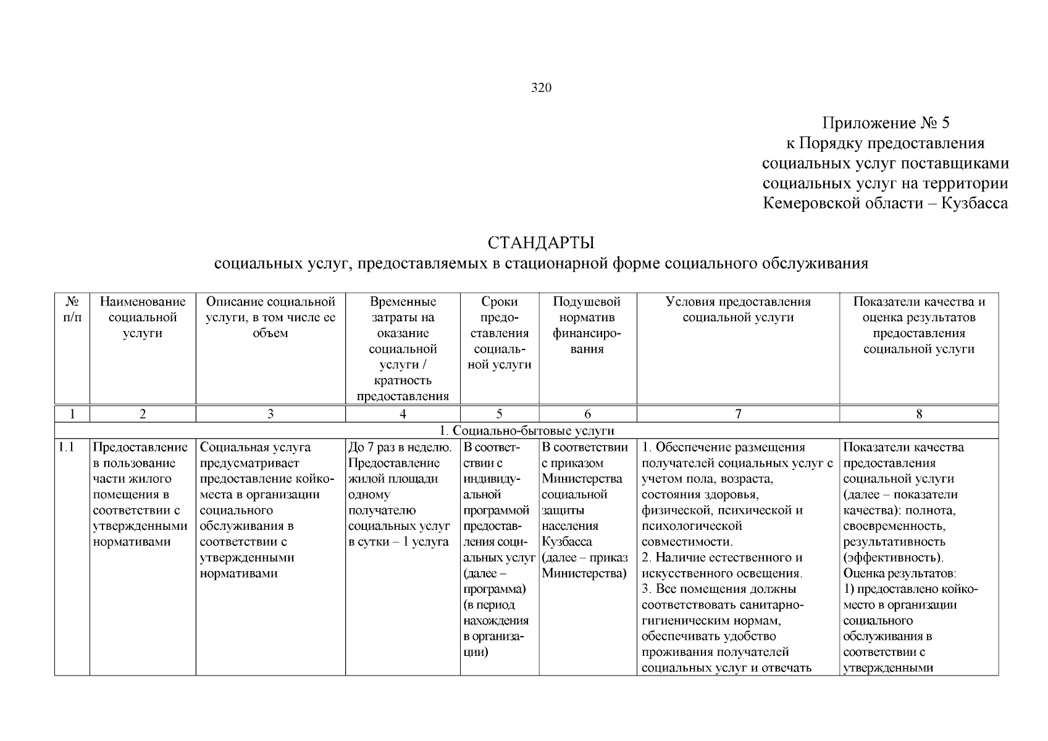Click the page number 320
coord(541,88)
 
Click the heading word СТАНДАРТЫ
coord(540,243)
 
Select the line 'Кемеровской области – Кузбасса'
coord(885,203)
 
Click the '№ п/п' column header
coord(72,309)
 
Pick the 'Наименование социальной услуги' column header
coord(143,317)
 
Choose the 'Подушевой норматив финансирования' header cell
coord(587,325)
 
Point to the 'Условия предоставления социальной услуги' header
coord(738,309)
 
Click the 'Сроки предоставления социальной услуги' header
coord(499,333)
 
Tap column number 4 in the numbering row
coord(403,414)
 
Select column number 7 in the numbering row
coord(738,414)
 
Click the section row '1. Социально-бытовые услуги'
coord(526,430)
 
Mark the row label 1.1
coord(66,448)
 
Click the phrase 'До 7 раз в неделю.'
coord(400,448)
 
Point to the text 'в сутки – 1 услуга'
coord(398,542)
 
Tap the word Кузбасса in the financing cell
coord(567,542)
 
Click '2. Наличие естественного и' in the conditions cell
coord(722,558)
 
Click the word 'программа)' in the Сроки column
coord(494,589)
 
